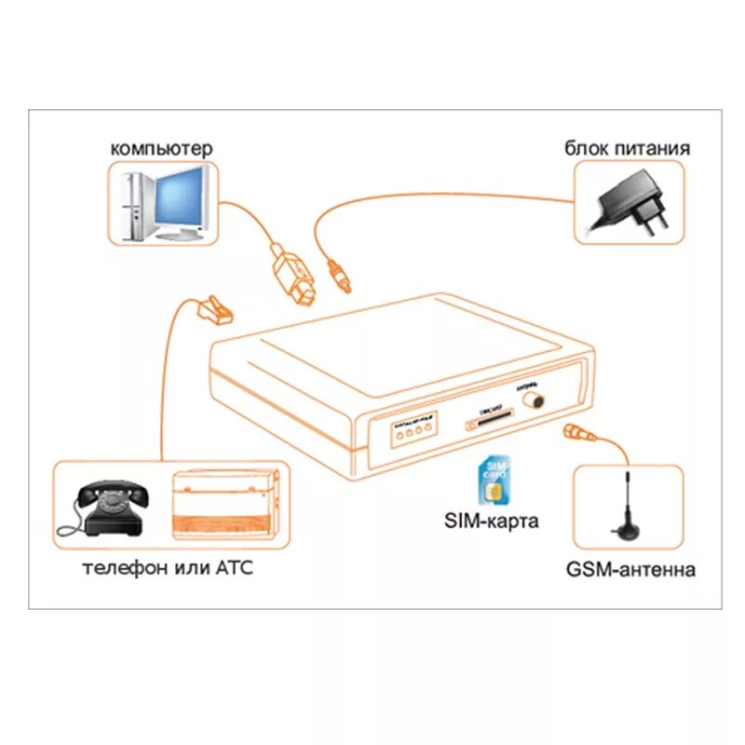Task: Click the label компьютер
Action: pyautogui.click(x=161, y=148)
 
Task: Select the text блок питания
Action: pyautogui.click(x=627, y=148)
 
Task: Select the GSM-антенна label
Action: pyautogui.click(x=630, y=570)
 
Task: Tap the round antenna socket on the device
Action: pyautogui.click(x=535, y=399)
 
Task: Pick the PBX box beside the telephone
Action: pyautogui.click(x=226, y=503)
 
